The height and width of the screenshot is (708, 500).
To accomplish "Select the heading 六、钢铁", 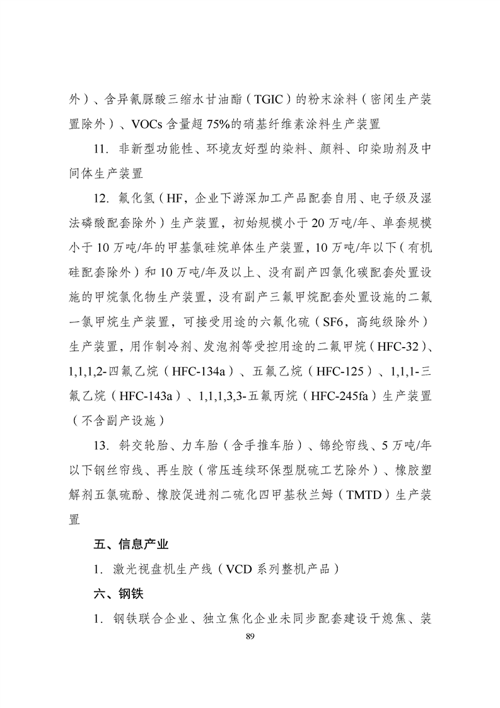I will coord(114,594).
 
